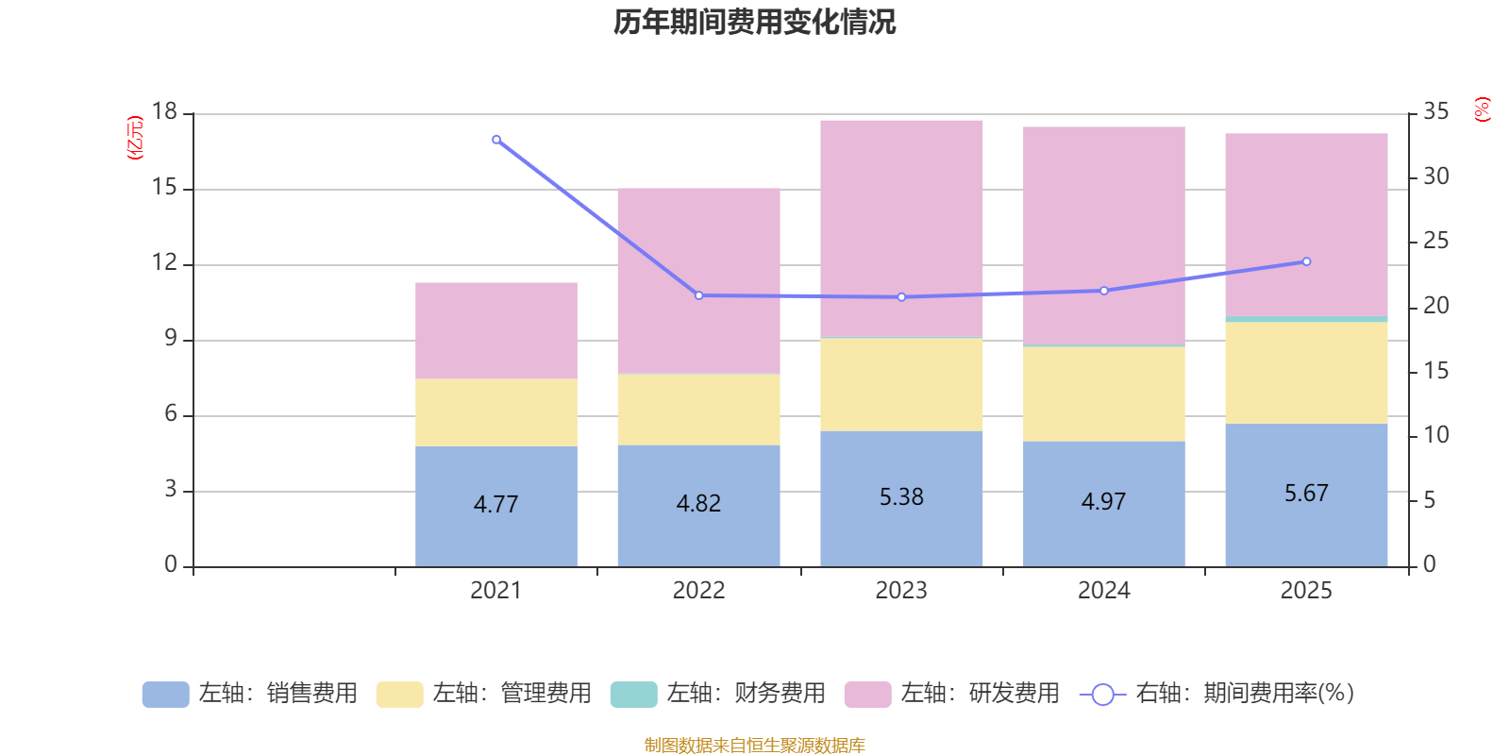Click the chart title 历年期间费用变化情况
(754, 22)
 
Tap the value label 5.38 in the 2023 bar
(901, 496)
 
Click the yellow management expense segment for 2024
(1104, 394)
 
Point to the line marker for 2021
(496, 140)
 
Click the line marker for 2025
(1306, 261)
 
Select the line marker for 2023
(901, 297)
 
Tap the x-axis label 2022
(698, 591)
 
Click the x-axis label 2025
(1306, 591)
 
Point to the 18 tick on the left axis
(164, 111)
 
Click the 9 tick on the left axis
(171, 338)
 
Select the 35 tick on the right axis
(1435, 111)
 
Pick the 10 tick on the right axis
(1435, 435)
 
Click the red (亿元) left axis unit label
(135, 138)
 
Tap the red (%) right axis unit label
(1482, 109)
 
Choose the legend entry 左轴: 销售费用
(250, 694)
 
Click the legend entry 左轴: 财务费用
(718, 694)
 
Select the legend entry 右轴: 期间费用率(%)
(1217, 694)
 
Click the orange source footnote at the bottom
(754, 746)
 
